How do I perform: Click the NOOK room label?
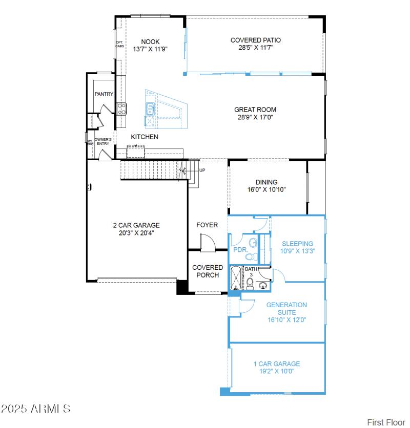(150, 42)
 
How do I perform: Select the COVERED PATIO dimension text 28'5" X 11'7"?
(255, 47)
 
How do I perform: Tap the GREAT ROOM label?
(255, 110)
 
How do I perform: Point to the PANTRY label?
(104, 94)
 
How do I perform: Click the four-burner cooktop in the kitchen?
(122, 108)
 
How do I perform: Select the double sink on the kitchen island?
(151, 110)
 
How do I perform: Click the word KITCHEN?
(145, 137)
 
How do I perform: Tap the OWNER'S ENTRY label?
(104, 141)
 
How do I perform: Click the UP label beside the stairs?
(202, 170)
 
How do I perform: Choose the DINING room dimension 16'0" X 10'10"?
(266, 189)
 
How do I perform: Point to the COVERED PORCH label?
(208, 271)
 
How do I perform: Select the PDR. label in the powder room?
(240, 250)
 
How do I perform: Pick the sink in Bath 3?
(263, 285)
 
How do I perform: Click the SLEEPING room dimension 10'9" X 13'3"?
(297, 251)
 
